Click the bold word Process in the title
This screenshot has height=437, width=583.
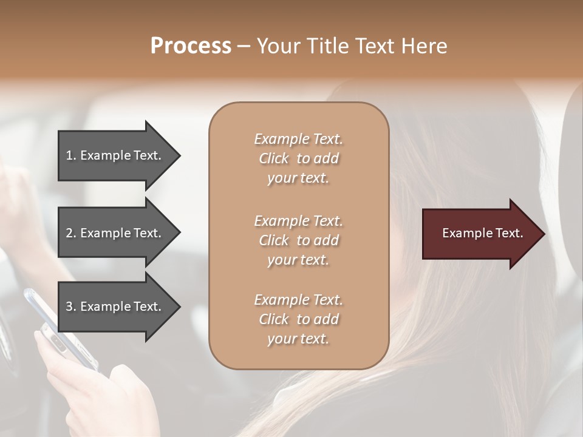tap(191, 46)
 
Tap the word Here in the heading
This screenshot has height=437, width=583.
tap(424, 46)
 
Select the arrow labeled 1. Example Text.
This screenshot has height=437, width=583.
tap(115, 155)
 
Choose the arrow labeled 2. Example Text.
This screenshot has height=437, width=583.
tap(115, 233)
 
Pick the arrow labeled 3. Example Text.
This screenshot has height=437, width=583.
tap(115, 307)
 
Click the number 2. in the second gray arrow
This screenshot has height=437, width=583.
tap(71, 233)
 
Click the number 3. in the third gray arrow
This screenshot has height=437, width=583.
tap(71, 307)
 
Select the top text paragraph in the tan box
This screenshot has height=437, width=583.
tap(299, 158)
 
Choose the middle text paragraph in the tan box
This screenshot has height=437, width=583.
tap(299, 240)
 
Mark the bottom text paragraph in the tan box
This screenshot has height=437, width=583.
tap(299, 319)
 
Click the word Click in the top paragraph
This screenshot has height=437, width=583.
tap(273, 158)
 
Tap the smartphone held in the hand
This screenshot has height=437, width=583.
tap(58, 328)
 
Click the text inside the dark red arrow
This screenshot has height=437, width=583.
tap(482, 233)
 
